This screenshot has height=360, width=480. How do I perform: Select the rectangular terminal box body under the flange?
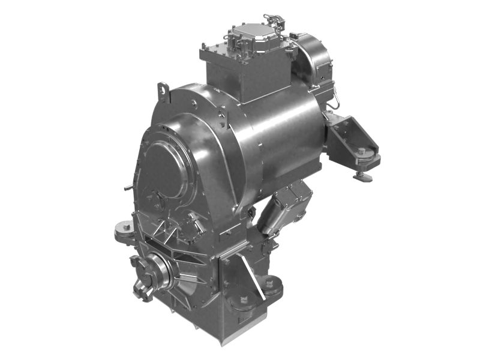point(240,75)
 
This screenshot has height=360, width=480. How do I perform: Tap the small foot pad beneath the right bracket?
point(362,176)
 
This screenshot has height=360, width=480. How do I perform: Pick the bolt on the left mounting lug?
point(125,227)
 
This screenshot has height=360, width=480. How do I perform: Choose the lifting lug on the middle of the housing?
point(223,114)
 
